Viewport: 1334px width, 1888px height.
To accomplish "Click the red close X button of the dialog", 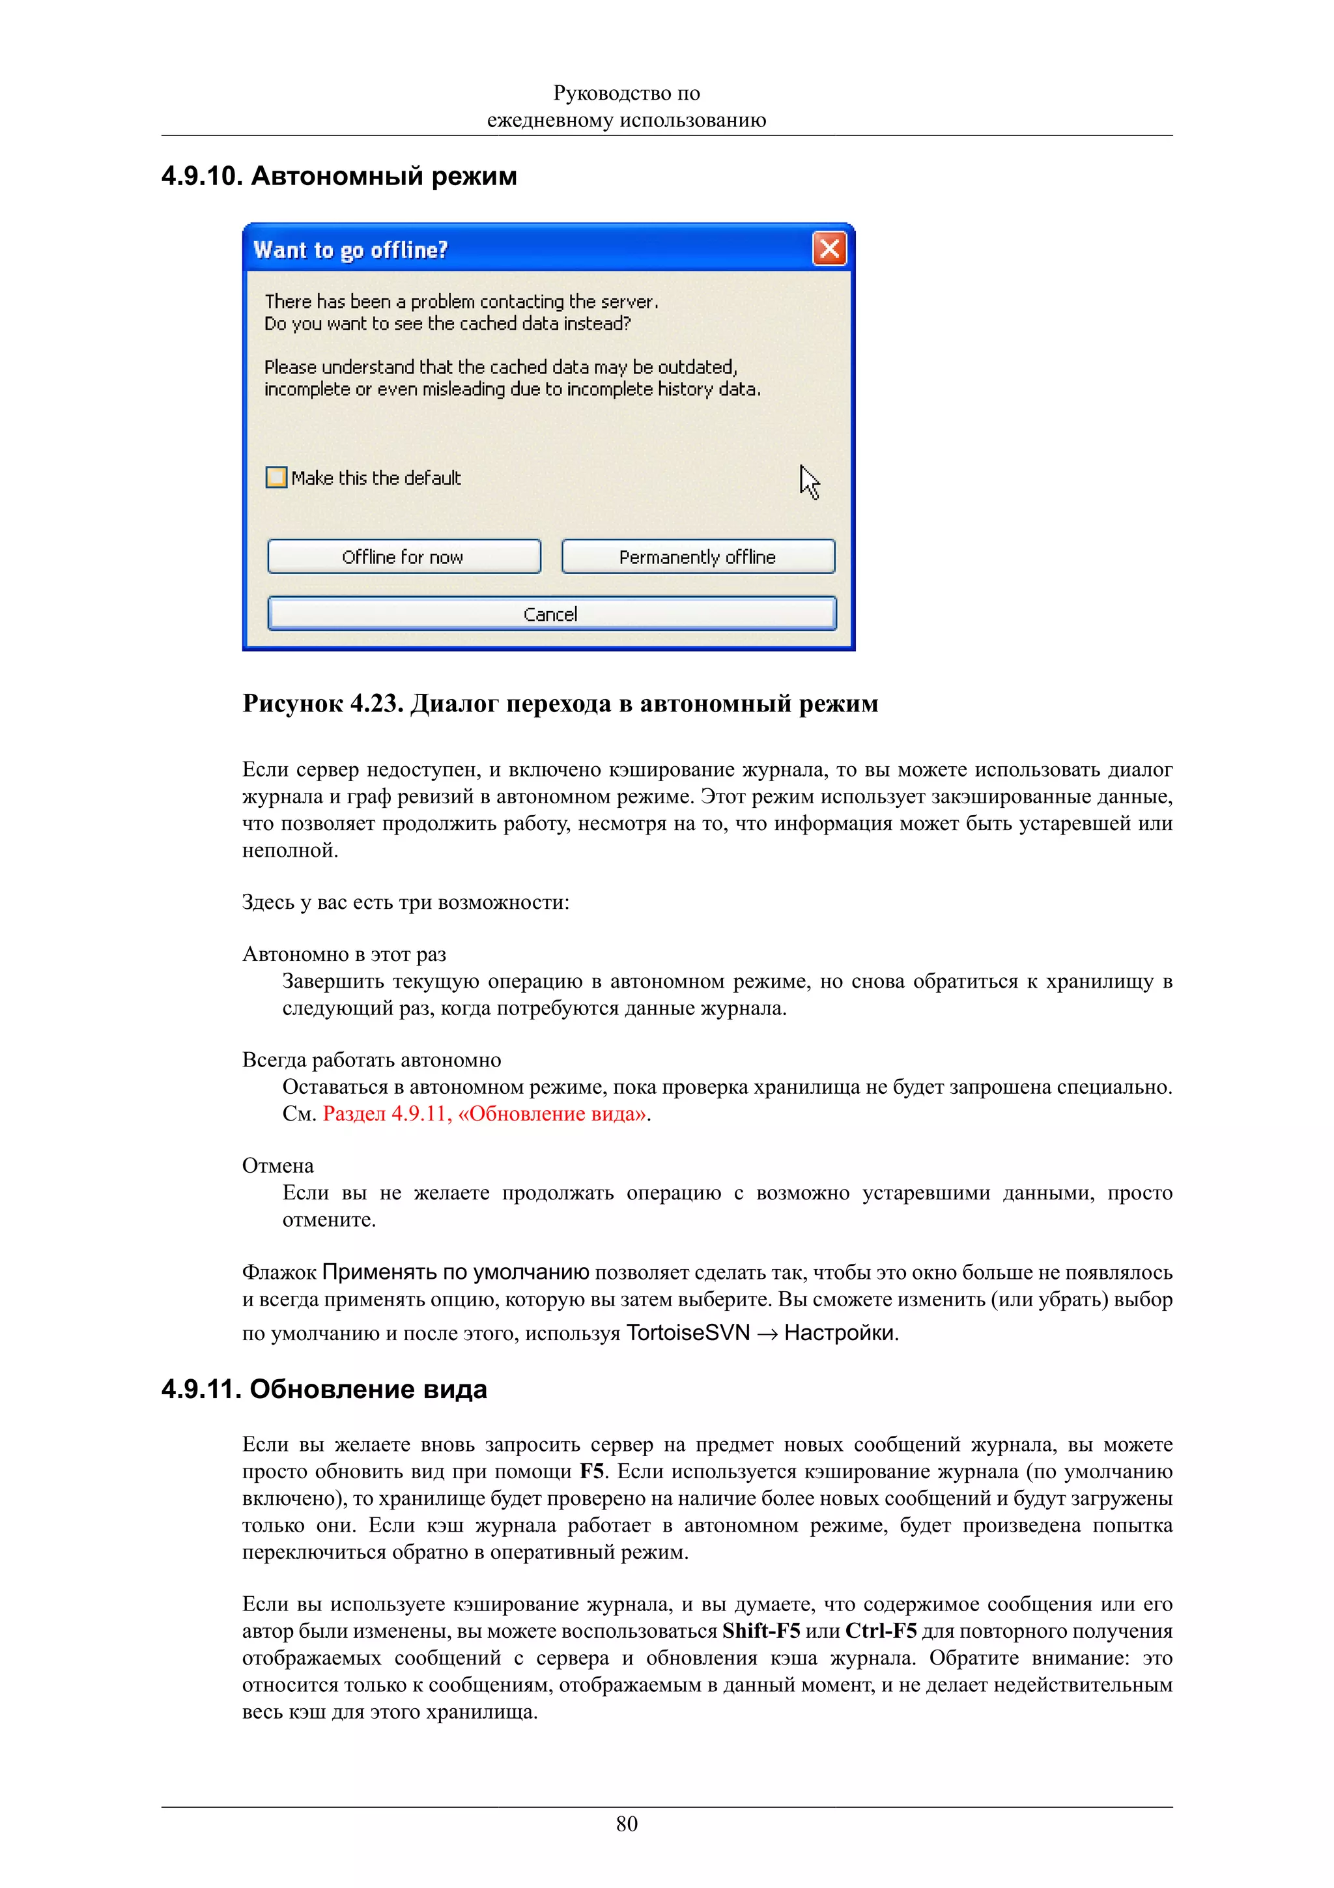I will pos(829,248).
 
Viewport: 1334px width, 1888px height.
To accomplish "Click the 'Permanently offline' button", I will pos(698,557).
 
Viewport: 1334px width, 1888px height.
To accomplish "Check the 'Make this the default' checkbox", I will pos(276,478).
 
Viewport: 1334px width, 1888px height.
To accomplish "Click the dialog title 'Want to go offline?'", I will pos(350,250).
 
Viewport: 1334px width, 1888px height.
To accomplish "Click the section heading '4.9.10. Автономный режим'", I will pos(339,176).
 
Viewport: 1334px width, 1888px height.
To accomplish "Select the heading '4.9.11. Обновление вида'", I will pos(324,1389).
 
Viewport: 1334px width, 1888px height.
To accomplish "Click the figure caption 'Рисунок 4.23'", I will pos(321,704).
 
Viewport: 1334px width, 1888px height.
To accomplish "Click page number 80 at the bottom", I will pos(627,1824).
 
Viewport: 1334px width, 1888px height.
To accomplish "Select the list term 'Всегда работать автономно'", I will pos(371,1060).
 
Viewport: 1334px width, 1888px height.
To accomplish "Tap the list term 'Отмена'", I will pos(278,1166).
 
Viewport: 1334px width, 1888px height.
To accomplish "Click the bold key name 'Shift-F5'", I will pos(761,1631).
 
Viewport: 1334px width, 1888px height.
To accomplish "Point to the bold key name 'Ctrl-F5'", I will pos(881,1631).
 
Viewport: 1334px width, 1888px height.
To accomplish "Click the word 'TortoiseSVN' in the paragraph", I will pos(688,1333).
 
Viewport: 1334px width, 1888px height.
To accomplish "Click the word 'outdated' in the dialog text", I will pos(696,367).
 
